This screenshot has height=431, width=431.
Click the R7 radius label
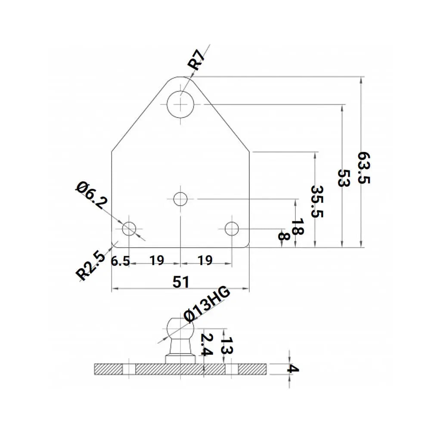[x=198, y=60]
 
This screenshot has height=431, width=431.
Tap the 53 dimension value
[x=343, y=177]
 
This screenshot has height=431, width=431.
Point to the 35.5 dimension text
[x=317, y=202]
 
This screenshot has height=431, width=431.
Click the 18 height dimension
[x=298, y=227]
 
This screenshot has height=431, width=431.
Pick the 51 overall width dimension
[x=181, y=282]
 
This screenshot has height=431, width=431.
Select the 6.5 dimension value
[x=120, y=261]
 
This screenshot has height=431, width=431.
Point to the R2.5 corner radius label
[x=90, y=266]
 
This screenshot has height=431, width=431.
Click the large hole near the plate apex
[x=181, y=104]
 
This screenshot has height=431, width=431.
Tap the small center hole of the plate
[x=180, y=199]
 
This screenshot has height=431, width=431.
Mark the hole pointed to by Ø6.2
[x=129, y=229]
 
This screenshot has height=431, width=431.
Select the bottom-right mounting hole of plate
[x=232, y=229]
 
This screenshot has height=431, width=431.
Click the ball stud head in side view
[x=180, y=328]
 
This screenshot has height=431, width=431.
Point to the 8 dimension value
[x=283, y=236]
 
